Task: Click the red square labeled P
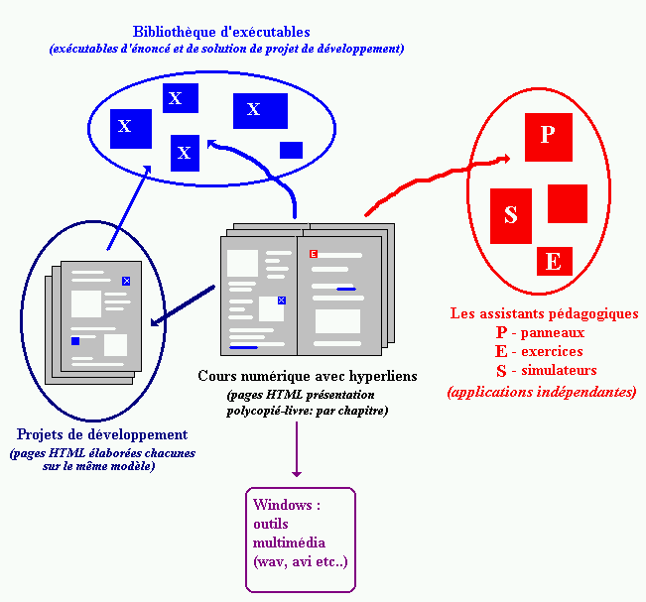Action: (549, 137)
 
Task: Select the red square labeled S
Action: (512, 215)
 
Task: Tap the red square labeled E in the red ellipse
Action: (554, 261)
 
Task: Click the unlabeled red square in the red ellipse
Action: (567, 203)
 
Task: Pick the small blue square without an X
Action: (291, 150)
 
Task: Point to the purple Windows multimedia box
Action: (300, 539)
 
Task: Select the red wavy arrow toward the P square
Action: (437, 179)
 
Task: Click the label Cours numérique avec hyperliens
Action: (308, 376)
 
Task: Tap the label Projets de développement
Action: (102, 435)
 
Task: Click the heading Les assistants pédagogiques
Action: (544, 313)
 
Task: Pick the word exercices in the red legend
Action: (553, 351)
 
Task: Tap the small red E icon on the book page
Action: (314, 255)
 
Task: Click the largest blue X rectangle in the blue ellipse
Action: (260, 110)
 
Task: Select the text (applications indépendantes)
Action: (542, 392)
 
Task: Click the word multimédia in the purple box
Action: (289, 542)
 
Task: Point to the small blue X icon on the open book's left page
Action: (281, 300)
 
